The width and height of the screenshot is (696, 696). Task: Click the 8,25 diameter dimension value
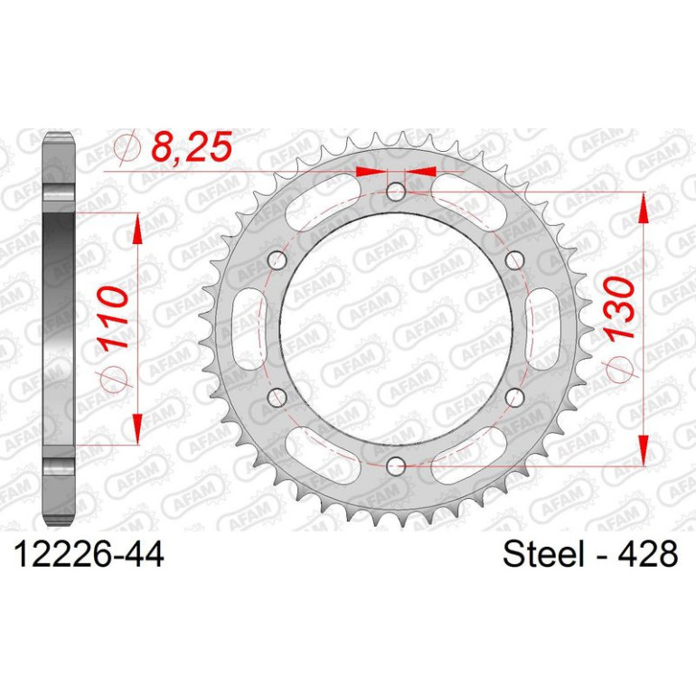coord(192,146)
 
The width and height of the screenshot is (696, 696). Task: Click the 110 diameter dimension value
coord(113,317)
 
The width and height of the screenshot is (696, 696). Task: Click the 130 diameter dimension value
coord(620,309)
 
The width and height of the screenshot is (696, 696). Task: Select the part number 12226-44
coord(89,554)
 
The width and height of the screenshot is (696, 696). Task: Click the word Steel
coord(543,554)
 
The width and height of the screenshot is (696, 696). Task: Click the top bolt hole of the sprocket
coord(396,193)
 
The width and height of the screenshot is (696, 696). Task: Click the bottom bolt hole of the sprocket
coord(396,466)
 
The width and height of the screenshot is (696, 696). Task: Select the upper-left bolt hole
coord(277,261)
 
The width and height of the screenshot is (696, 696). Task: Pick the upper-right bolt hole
coord(514,261)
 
